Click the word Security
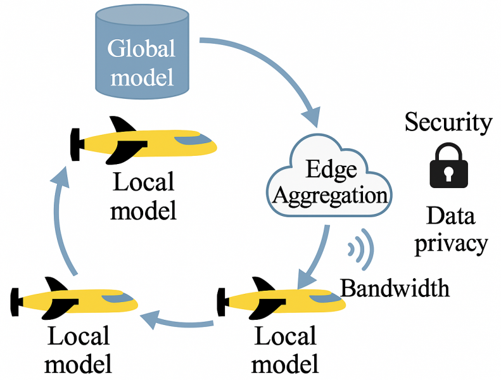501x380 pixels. [448, 122]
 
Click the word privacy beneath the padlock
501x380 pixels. [451, 243]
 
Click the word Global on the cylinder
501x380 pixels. [141, 48]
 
